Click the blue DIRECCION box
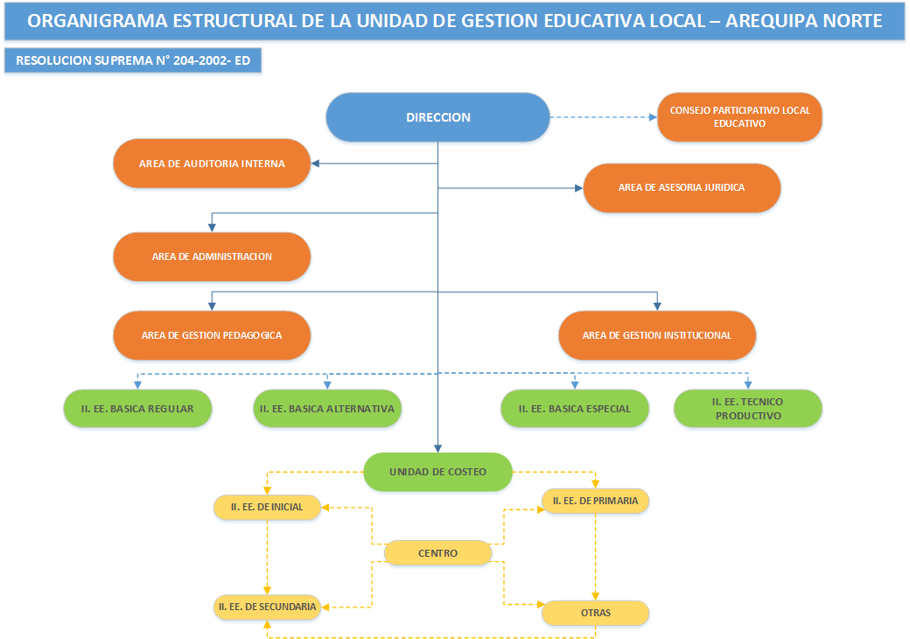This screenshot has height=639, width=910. point(437,117)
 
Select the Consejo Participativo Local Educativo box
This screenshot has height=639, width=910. point(739,117)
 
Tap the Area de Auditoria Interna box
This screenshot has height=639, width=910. point(212,164)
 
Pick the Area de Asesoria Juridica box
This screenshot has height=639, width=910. point(682,187)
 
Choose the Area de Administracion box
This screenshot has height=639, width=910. point(212,256)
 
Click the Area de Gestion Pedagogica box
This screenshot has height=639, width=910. point(212,335)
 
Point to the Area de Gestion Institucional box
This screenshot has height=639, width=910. point(657,335)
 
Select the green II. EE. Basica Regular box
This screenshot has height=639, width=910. point(137,409)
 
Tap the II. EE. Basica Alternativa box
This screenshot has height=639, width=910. point(327,409)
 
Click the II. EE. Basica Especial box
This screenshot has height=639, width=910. point(575,409)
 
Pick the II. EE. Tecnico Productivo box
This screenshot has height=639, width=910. point(748,409)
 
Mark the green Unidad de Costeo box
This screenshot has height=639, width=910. point(437,472)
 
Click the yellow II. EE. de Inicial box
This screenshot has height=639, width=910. point(267,507)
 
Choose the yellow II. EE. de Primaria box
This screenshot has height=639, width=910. point(596,501)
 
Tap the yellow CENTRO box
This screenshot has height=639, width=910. point(437,553)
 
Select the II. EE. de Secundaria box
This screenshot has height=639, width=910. point(267,606)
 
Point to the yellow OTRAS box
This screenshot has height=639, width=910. point(596,613)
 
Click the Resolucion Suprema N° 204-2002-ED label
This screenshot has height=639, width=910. point(133,60)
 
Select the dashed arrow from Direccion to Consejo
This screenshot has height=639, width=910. point(604,117)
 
